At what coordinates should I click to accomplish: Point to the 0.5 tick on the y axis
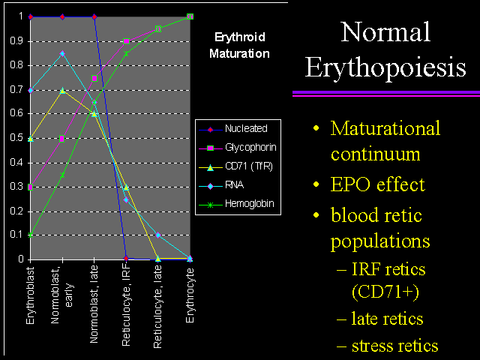(x=16, y=138)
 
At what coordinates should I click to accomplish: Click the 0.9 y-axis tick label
(x=16, y=41)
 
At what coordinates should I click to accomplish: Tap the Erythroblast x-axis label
(x=30, y=295)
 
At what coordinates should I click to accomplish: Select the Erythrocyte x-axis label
(x=190, y=295)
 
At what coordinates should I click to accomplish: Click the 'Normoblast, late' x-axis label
(x=94, y=304)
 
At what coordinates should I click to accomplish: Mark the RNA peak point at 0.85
(x=62, y=54)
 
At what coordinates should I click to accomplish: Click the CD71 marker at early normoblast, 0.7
(x=62, y=91)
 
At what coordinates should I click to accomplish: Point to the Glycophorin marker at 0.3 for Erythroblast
(x=30, y=187)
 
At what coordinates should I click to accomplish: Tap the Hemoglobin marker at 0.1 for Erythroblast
(x=30, y=235)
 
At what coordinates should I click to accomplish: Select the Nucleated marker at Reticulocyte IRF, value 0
(x=126, y=258)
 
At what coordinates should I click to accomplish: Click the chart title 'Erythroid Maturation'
(x=240, y=45)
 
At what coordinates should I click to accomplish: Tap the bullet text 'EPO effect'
(x=378, y=184)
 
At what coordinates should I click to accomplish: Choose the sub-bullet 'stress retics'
(x=395, y=346)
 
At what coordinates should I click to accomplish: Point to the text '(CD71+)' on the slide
(x=385, y=292)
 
